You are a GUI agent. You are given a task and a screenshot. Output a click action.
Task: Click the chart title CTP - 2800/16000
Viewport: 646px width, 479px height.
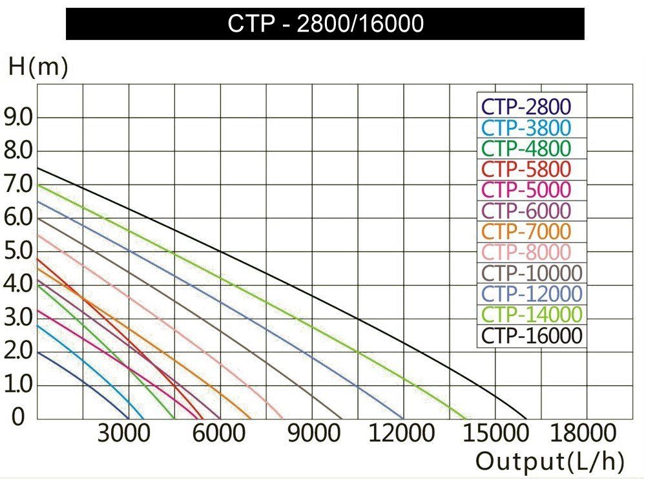point(326,24)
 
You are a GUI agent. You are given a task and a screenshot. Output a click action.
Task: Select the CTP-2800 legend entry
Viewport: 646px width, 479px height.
point(526,107)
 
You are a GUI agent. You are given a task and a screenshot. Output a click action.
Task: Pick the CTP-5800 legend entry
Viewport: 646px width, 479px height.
point(526,169)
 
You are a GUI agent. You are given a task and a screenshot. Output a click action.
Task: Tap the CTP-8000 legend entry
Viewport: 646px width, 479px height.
point(526,252)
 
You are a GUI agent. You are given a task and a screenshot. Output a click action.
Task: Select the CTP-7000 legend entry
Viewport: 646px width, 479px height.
point(526,231)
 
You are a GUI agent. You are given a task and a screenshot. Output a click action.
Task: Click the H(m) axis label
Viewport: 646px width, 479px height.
point(37,67)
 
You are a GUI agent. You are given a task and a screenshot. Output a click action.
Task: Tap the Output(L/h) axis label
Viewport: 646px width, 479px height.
point(550,461)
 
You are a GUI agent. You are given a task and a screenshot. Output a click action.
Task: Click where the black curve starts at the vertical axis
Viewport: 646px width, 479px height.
point(37,168)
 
